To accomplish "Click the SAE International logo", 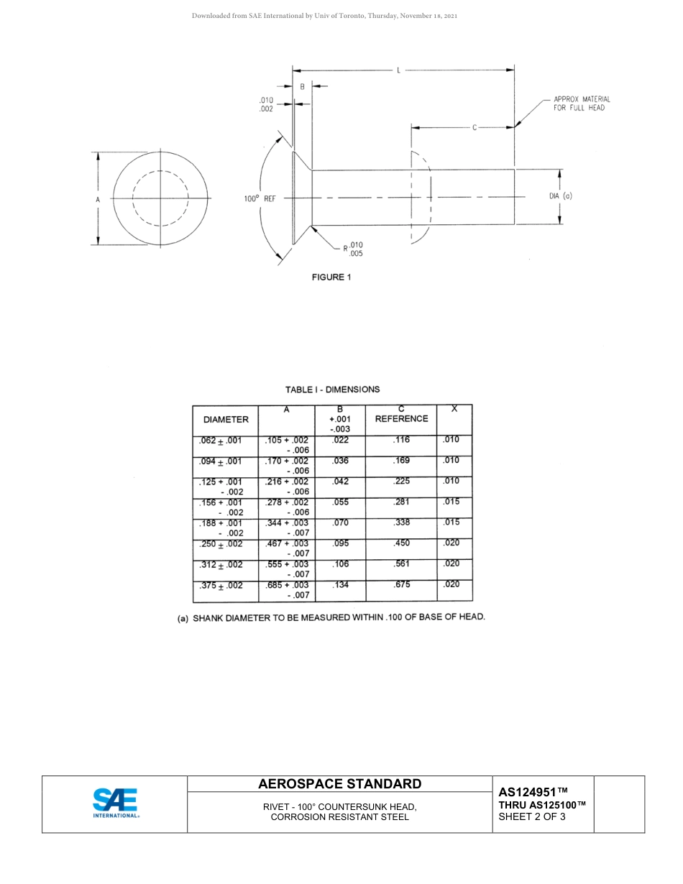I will (115, 803).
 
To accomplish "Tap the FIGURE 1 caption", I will (331, 277).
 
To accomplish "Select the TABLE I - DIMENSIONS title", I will (332, 390).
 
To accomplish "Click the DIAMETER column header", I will (226, 419).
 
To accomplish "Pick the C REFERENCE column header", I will (401, 418).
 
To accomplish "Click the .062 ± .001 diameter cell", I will (220, 441).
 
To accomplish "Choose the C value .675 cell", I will (402, 585).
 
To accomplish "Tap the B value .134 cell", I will (340, 585).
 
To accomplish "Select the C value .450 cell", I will (402, 544).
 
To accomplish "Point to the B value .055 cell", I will (340, 502).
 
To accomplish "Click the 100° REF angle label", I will (260, 198).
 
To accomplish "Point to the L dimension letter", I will (398, 70).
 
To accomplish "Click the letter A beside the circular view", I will (98, 198).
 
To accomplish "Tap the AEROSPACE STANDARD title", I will (339, 783).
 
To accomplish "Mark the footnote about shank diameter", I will (331, 617).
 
